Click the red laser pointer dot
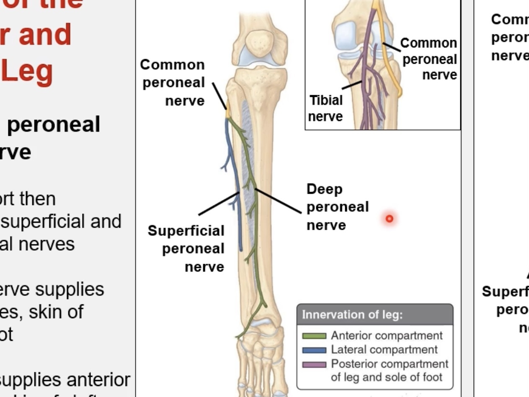tap(390, 218)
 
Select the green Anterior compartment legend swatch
tap(314, 336)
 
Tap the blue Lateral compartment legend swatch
tap(314, 350)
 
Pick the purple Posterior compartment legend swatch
tap(314, 364)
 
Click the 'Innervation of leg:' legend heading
tap(352, 315)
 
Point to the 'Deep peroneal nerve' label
tap(338, 207)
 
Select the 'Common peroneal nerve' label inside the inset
tap(429, 59)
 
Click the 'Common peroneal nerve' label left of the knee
tap(173, 83)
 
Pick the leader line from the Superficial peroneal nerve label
tap(219, 204)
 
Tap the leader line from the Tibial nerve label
tap(351, 85)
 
